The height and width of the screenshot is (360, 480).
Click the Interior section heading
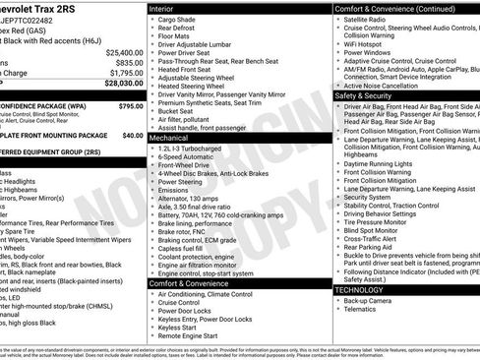point(164,9)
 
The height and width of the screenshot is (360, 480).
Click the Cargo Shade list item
point(180,20)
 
